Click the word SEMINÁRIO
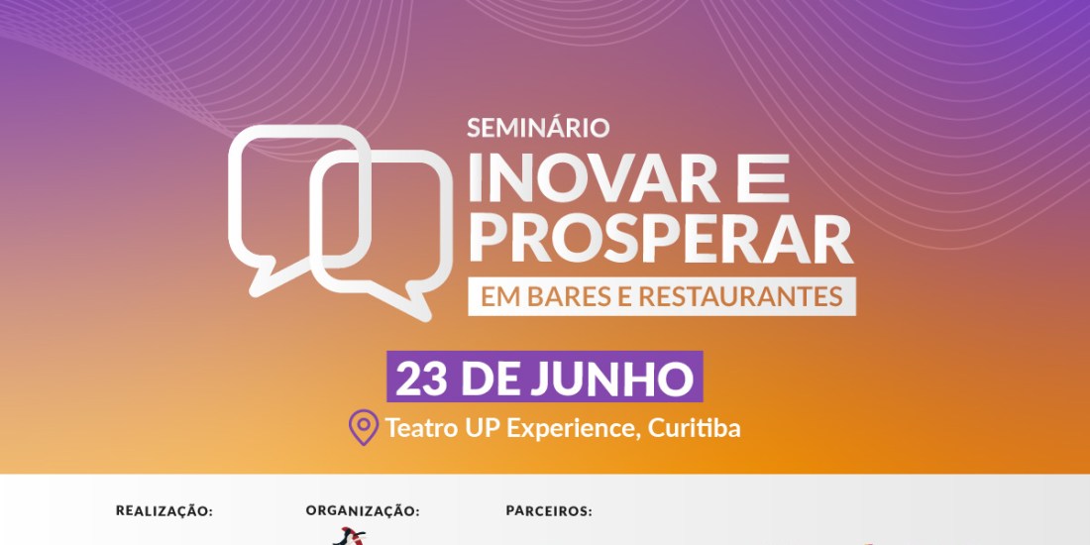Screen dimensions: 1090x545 click(x=538, y=128)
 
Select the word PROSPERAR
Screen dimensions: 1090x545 click(x=661, y=239)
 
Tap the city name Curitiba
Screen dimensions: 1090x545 click(x=694, y=427)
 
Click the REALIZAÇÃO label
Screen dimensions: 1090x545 click(x=163, y=510)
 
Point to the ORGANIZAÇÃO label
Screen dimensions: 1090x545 click(x=362, y=510)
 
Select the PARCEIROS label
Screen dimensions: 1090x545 click(x=549, y=511)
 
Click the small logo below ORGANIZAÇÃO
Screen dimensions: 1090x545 click(x=349, y=536)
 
